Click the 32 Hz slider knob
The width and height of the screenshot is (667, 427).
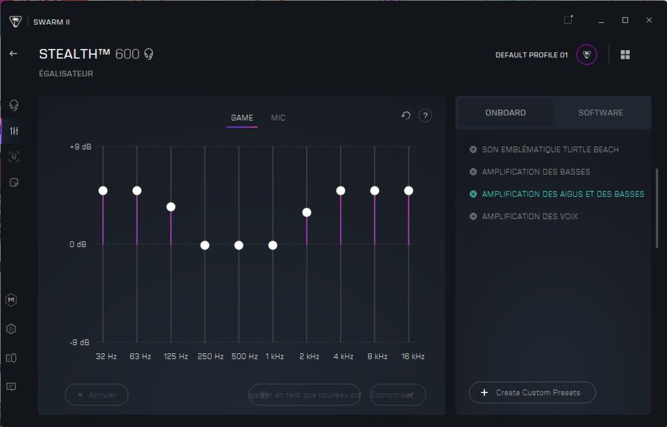click(x=103, y=190)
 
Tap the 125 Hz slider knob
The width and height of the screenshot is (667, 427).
click(x=171, y=207)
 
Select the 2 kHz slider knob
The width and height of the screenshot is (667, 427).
click(x=307, y=213)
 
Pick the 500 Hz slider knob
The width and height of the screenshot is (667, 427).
click(x=239, y=245)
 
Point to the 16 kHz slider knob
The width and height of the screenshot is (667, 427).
click(x=408, y=190)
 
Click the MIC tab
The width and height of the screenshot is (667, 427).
click(x=278, y=118)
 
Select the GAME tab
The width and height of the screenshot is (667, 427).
click(x=242, y=118)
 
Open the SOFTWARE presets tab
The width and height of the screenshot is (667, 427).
click(x=601, y=113)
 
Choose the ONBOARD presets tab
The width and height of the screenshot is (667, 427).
click(x=505, y=113)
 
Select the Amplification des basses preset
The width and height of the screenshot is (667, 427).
click(x=535, y=172)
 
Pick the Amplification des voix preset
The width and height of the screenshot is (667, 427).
click(x=530, y=216)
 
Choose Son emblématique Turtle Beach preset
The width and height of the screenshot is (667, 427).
click(x=550, y=150)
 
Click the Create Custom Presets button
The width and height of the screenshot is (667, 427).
click(x=532, y=392)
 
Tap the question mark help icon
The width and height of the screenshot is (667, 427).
click(x=425, y=115)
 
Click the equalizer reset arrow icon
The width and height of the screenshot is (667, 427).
click(x=406, y=115)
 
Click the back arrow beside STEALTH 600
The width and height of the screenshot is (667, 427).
click(x=13, y=53)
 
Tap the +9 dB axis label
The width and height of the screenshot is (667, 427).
click(x=81, y=147)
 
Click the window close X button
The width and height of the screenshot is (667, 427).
click(x=649, y=20)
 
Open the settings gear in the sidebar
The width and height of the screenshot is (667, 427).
click(x=11, y=329)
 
